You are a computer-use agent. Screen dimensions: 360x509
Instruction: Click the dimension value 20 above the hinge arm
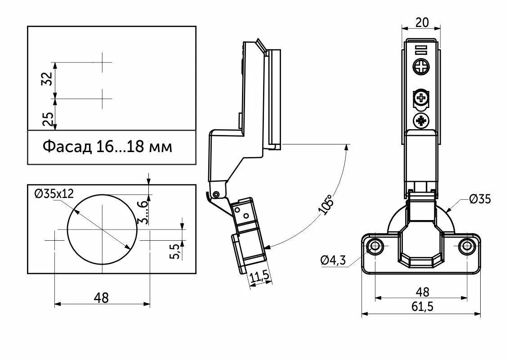[422, 22]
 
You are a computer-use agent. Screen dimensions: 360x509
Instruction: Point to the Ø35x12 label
[54, 193]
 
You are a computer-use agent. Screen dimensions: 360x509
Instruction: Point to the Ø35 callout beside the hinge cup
[479, 199]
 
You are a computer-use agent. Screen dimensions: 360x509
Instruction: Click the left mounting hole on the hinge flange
[375, 246]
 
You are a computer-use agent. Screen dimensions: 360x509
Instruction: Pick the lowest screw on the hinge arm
[421, 121]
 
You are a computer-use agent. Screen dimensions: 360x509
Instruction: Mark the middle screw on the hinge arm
[421, 97]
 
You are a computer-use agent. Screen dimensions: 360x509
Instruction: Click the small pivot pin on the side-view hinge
[216, 194]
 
